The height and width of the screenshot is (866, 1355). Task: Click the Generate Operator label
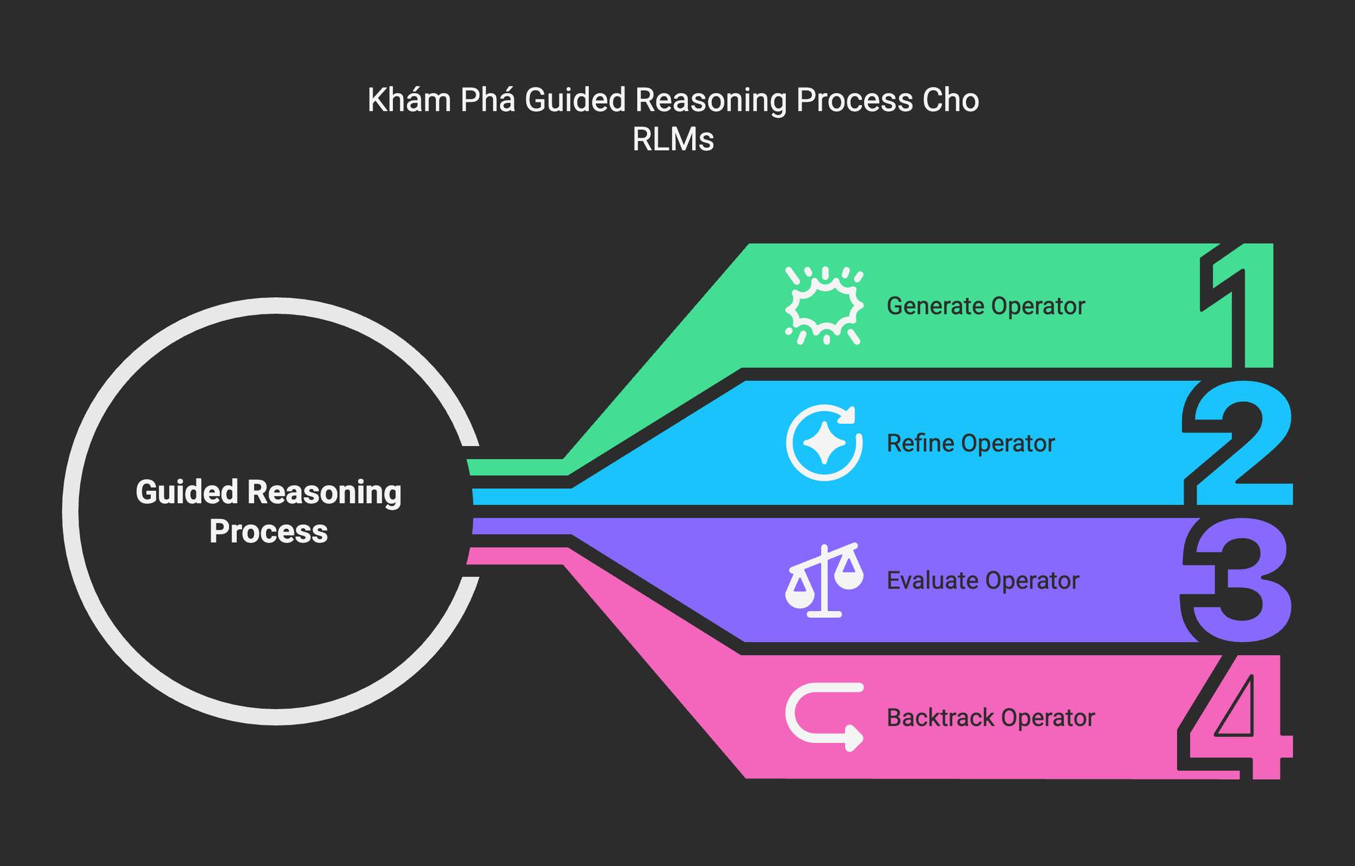click(x=985, y=307)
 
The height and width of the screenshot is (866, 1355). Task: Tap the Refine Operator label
click(x=970, y=444)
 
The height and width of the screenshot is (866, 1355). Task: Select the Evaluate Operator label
click(x=983, y=581)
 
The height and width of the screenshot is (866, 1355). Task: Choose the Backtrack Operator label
click(x=990, y=718)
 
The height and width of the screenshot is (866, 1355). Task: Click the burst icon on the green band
click(x=824, y=306)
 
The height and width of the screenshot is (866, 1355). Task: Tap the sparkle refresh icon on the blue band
click(x=824, y=442)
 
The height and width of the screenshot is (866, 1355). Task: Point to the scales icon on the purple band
click(x=824, y=581)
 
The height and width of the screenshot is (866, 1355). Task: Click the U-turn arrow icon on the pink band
click(x=824, y=717)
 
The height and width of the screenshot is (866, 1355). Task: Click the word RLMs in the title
click(x=673, y=140)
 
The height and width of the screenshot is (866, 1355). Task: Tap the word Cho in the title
click(x=950, y=101)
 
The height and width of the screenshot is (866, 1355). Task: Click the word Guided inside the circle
click(x=187, y=493)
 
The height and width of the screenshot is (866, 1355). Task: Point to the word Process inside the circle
click(x=268, y=532)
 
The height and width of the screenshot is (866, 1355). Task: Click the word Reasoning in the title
click(x=711, y=101)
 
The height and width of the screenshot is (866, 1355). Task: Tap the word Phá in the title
click(x=488, y=101)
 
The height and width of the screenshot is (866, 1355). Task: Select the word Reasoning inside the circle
click(x=324, y=493)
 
